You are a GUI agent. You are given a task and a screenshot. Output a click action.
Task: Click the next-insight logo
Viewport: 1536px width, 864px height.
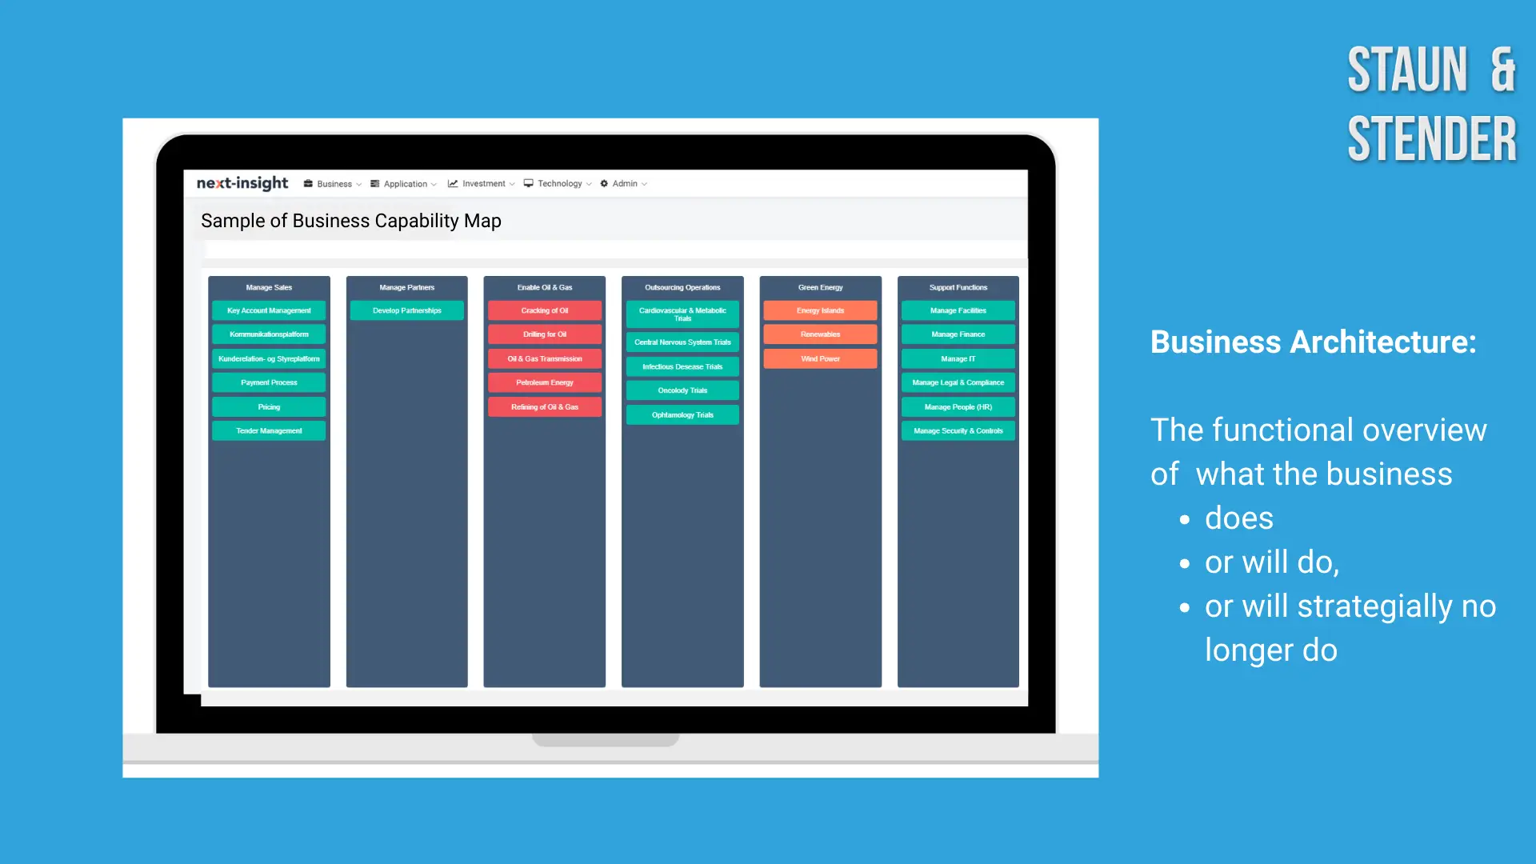242,183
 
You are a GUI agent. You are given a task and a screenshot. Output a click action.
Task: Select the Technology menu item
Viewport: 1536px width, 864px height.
558,184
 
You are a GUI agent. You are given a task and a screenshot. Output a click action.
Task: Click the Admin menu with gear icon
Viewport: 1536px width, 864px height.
624,184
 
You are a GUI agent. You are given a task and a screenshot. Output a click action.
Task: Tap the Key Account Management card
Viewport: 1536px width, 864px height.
269,310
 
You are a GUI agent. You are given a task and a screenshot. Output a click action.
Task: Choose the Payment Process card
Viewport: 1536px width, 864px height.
269,382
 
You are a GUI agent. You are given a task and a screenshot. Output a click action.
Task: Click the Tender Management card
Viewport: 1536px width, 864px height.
269,430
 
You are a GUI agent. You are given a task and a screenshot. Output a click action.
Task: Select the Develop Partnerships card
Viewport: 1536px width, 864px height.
407,310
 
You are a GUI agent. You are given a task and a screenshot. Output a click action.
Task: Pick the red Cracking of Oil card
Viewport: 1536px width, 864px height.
545,310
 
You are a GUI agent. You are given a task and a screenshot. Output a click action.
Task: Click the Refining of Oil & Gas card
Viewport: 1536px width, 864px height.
545,406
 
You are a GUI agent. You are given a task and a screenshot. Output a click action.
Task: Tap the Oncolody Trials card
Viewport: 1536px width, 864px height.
682,390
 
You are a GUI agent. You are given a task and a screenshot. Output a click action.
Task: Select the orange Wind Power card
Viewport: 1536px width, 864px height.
820,358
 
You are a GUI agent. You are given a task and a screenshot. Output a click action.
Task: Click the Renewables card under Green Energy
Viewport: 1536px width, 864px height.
820,334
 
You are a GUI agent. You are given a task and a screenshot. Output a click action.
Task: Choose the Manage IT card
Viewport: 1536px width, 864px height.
958,358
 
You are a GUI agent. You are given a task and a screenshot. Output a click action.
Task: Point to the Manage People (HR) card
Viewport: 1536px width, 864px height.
958,406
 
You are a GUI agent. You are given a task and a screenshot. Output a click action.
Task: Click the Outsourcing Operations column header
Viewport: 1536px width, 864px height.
682,287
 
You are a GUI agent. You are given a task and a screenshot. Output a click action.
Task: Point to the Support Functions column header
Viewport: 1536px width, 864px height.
958,287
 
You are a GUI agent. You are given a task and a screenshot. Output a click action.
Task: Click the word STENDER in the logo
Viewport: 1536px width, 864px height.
1432,139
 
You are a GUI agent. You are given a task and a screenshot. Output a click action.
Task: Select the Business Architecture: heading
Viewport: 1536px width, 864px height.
1314,342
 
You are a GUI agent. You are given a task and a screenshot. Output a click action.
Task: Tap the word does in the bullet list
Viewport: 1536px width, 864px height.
1239,518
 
